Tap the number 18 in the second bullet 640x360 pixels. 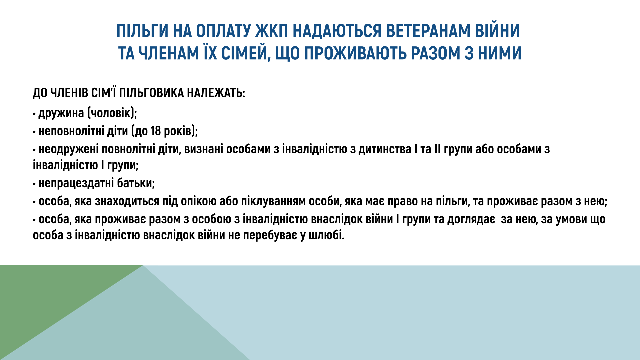click(x=156, y=131)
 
